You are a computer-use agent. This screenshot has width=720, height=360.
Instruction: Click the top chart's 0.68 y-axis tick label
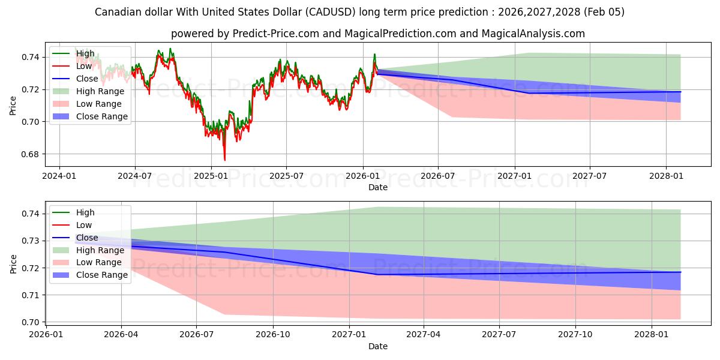31,154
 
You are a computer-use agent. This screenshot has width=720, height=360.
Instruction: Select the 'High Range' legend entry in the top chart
100,91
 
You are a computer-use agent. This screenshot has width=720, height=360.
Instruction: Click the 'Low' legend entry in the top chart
85,66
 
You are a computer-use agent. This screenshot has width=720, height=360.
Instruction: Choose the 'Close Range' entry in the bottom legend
102,275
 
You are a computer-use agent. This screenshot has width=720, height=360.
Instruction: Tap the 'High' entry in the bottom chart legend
85,212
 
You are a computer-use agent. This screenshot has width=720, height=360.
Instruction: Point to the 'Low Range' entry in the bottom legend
99,262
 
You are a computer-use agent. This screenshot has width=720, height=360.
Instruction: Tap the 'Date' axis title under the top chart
378,187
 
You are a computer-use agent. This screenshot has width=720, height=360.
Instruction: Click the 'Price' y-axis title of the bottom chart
13,263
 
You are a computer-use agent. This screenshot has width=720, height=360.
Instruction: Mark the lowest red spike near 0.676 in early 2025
225,160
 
